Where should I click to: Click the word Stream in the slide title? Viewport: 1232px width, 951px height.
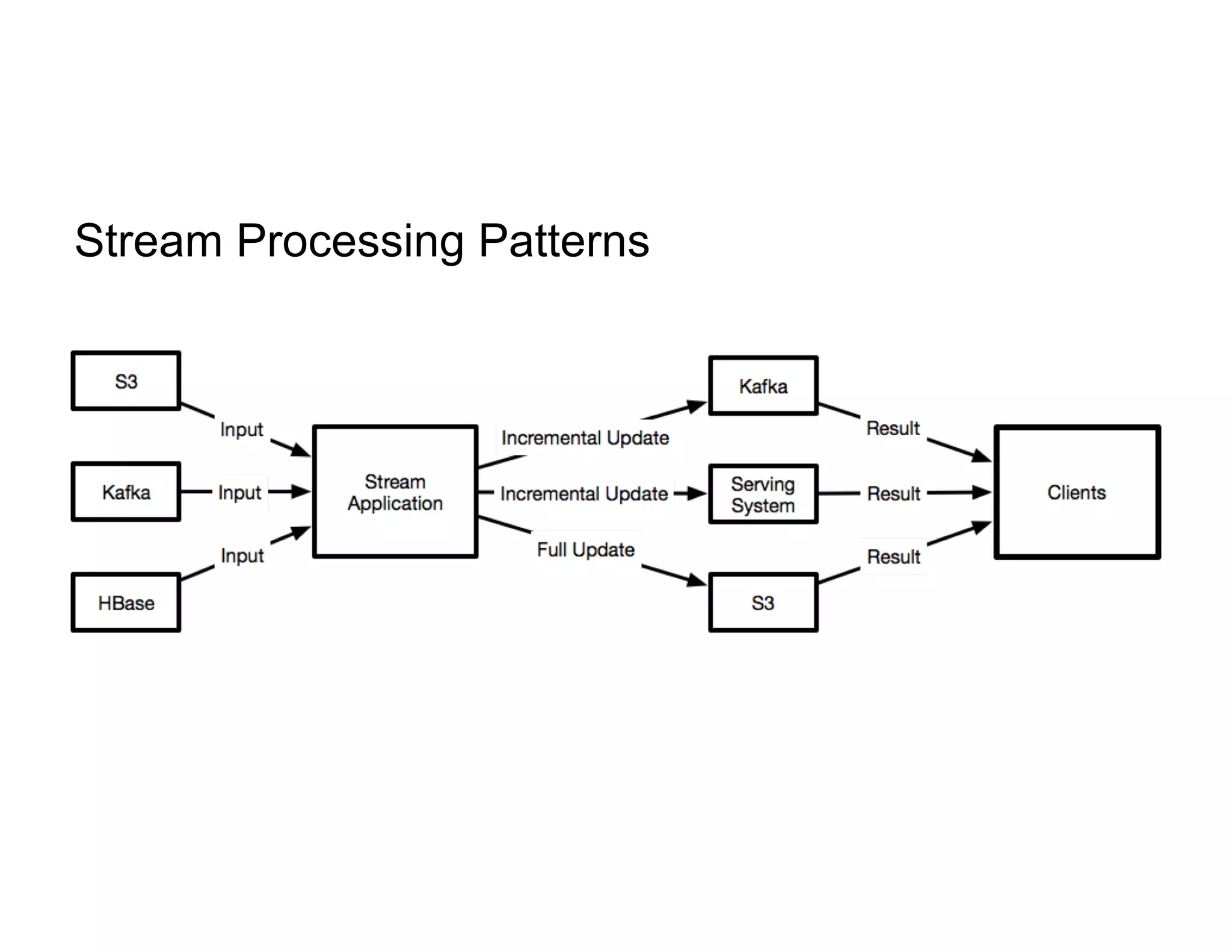pos(149,241)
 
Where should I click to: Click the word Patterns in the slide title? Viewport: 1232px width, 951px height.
pos(564,241)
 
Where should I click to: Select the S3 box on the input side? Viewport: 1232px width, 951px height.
pos(126,381)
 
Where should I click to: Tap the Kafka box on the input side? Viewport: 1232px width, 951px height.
pos(126,492)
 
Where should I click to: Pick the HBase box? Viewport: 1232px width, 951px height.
pos(126,602)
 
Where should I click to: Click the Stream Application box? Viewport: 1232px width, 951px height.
pos(395,492)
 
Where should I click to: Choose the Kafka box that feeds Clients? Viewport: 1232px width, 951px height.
pos(763,386)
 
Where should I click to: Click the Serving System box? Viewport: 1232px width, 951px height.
pos(763,494)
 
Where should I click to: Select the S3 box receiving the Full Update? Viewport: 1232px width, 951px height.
pos(763,602)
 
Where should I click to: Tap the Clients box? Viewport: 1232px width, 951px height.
pos(1076,492)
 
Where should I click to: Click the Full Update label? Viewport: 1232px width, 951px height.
pos(585,549)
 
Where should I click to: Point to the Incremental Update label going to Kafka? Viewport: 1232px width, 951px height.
pos(585,438)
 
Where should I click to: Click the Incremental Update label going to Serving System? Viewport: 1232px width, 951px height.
pos(584,494)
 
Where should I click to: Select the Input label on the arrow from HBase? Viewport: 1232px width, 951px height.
pos(242,555)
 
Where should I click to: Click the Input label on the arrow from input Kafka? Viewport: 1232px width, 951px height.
pos(239,492)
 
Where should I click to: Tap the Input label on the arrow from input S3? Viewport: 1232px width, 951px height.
pos(241,429)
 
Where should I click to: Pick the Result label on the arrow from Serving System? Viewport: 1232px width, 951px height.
pos(893,494)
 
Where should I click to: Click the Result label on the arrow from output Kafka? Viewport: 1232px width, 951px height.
pos(893,428)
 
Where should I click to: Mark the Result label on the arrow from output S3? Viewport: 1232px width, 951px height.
pos(893,557)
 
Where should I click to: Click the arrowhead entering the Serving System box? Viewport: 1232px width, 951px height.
pos(698,494)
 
